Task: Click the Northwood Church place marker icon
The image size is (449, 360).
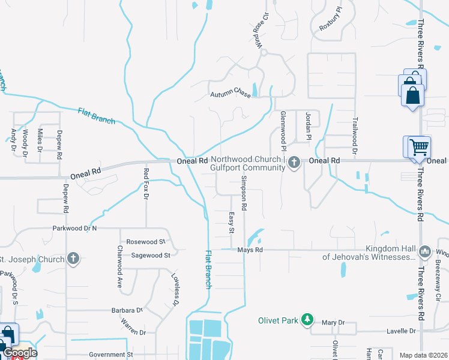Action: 294,162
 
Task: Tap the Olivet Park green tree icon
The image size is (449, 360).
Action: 307,319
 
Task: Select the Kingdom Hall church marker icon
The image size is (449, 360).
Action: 425,251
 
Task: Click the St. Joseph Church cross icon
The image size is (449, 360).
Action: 73,259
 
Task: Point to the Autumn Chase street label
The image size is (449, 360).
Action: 230,94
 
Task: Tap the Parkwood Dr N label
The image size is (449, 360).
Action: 74,228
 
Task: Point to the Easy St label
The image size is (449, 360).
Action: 232,222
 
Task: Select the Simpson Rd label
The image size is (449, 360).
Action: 244,193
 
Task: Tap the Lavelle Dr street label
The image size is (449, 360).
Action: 401,331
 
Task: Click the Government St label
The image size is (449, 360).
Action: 110,355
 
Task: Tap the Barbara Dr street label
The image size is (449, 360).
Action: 126,311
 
